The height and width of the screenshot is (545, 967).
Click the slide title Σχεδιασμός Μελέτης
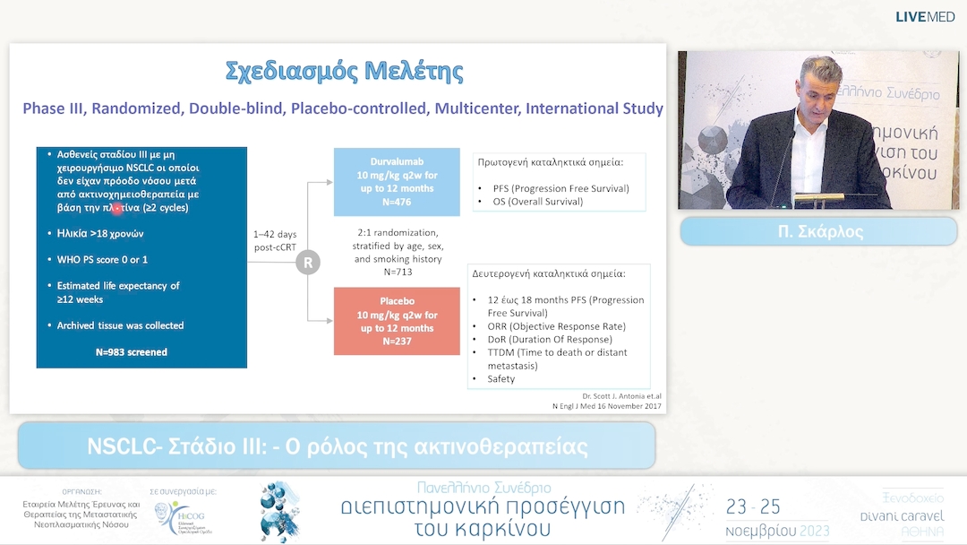click(x=344, y=72)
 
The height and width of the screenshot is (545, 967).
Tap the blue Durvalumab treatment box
click(x=397, y=182)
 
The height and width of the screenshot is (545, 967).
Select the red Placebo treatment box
click(x=397, y=321)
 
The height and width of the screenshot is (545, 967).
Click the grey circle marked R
click(x=308, y=264)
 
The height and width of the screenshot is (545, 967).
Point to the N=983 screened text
click(x=132, y=352)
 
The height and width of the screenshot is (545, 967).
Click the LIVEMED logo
click(x=925, y=17)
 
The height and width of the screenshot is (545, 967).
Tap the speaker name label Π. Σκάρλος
click(x=818, y=232)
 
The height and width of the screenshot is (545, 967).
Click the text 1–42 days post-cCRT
click(x=274, y=240)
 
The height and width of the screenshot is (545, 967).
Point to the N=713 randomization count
click(x=398, y=271)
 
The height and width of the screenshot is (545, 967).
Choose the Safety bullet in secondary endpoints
click(x=501, y=379)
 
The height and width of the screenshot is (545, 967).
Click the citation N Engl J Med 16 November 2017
click(x=606, y=406)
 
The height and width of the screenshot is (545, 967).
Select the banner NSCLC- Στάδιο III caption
click(x=337, y=446)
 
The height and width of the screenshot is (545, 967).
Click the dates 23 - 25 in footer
click(x=753, y=507)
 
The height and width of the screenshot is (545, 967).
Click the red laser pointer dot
click(x=117, y=208)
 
